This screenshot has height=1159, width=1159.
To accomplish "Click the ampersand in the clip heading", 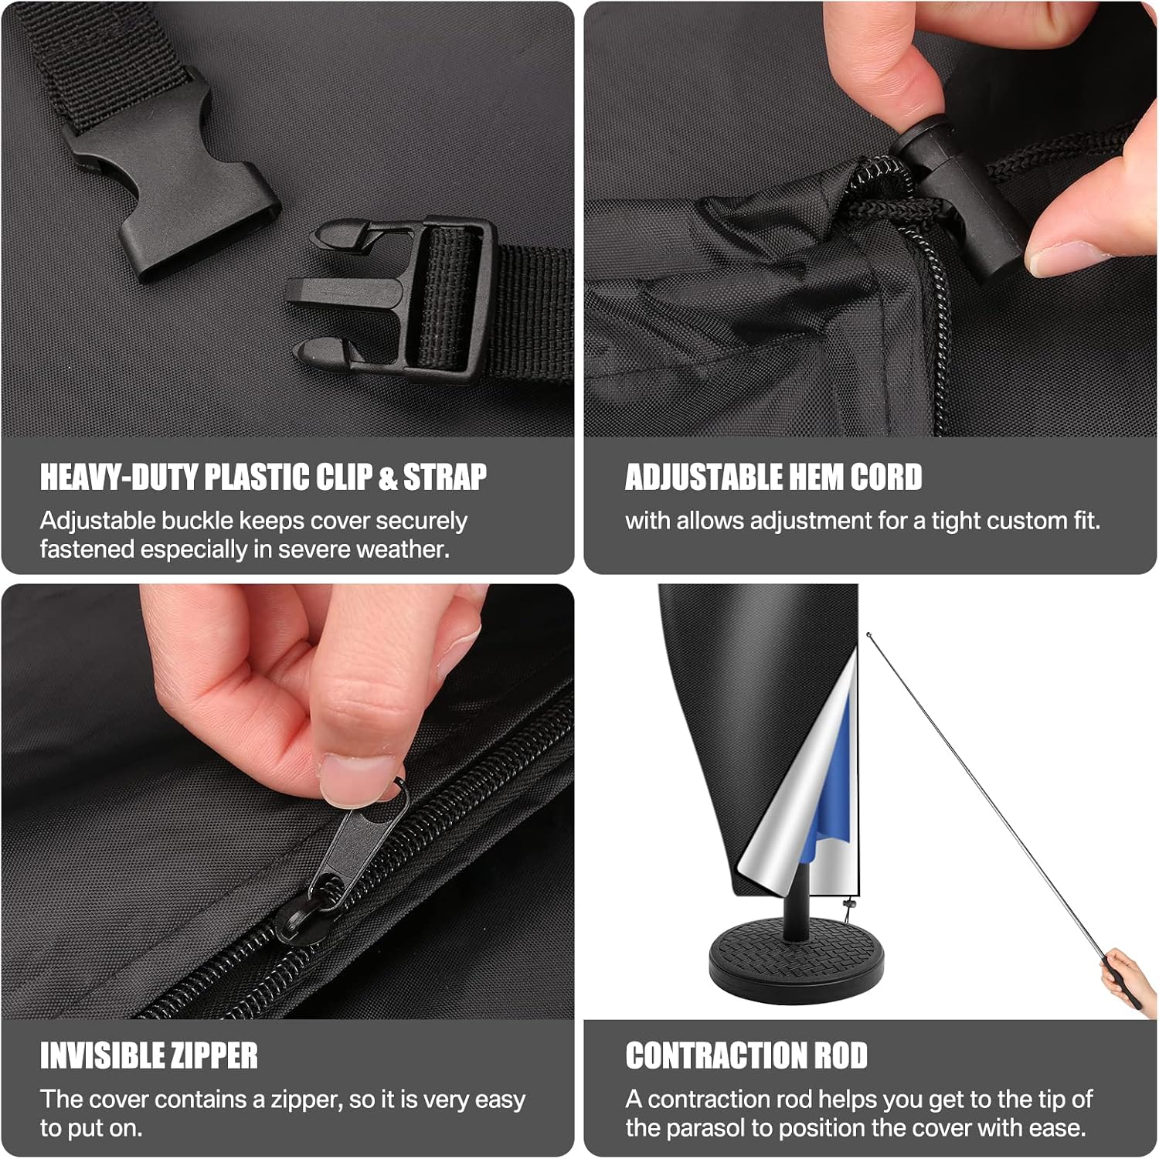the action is [x=387, y=478].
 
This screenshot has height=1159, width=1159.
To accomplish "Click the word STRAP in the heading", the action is [x=445, y=477].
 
